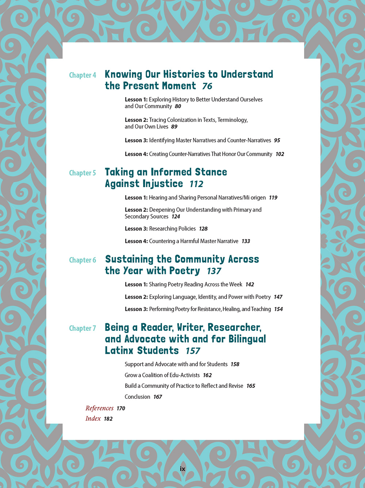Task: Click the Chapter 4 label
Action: coord(82,75)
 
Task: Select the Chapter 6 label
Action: coord(82,260)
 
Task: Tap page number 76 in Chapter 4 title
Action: coord(207,86)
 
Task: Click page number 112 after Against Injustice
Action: coord(196,184)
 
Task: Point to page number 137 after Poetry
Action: coord(214,271)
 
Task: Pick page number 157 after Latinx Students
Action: coord(193,351)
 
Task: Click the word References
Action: coord(99,408)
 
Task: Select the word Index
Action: coord(93,419)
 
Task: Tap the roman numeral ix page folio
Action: coord(182,469)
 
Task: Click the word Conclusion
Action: coord(137,397)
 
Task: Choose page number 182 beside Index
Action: coord(108,419)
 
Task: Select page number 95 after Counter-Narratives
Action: coord(277,140)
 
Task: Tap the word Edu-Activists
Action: coord(182,375)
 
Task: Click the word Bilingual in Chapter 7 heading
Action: coord(247,339)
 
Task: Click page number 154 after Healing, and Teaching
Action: coord(278,309)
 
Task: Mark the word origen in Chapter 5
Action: coord(258,198)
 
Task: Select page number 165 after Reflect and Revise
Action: coord(251,386)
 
